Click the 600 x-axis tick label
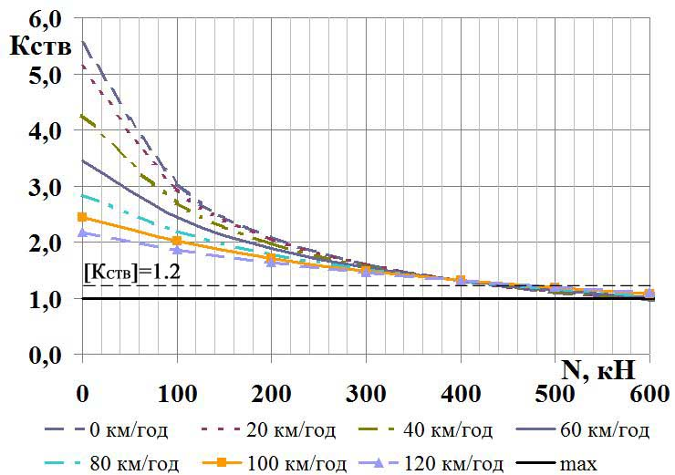tap(650, 396)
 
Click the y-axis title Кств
tap(39, 46)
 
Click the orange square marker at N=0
tap(82, 217)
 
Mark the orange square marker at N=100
tap(177, 241)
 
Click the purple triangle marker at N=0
tap(82, 232)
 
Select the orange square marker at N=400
tap(461, 280)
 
